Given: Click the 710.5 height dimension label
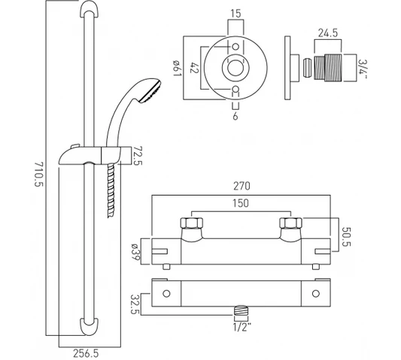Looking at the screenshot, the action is coord(39,178).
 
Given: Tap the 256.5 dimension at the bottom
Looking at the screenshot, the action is coord(86,354).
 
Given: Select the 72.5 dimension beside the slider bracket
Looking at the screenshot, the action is coord(138,156).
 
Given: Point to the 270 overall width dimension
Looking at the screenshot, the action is coord(242,186).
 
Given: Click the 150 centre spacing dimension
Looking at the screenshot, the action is coord(241,203).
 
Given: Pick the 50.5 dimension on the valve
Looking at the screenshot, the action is coord(346,236).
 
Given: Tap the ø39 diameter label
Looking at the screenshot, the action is coord(135,252).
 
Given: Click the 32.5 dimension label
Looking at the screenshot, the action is coord(135,304).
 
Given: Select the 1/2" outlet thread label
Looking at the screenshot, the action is coord(242,327).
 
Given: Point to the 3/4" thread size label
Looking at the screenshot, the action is coord(362,69).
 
